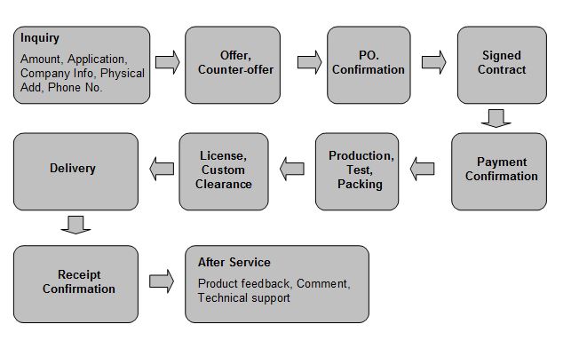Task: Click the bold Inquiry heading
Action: tap(40, 38)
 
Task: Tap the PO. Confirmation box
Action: tap(369, 63)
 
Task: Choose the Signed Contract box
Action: tap(502, 63)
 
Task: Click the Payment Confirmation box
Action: tap(501, 170)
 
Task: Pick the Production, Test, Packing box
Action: tap(360, 170)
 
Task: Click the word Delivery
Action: tap(73, 168)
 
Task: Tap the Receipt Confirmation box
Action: tap(78, 281)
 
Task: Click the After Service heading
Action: tap(234, 263)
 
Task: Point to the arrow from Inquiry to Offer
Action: tap(167, 62)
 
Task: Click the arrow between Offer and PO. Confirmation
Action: tap(309, 62)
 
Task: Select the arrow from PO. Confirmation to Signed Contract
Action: tap(433, 62)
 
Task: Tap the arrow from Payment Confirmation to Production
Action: tap(423, 168)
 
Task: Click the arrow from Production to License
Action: tap(292, 167)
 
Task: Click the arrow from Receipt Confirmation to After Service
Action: tap(161, 281)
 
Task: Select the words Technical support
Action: tap(243, 297)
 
